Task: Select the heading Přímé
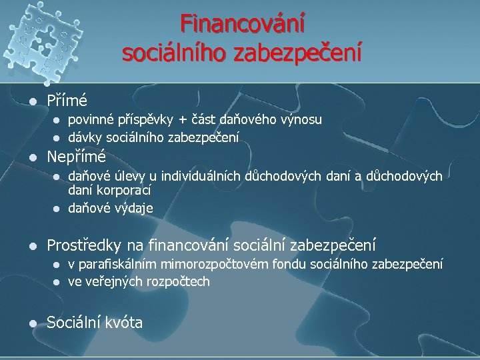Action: (x=67, y=101)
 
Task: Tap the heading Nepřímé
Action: (x=76, y=158)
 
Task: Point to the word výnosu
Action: (x=301, y=120)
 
